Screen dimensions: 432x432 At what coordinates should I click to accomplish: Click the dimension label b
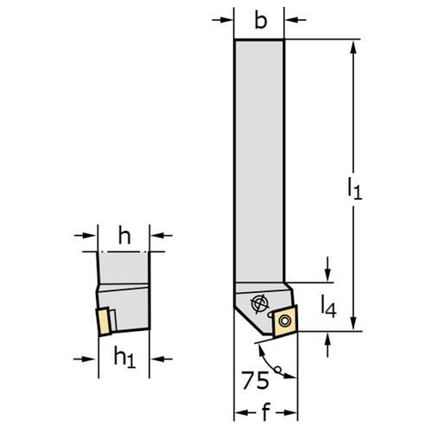tap(261, 21)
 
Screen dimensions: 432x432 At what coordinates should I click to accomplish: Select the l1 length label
tap(354, 188)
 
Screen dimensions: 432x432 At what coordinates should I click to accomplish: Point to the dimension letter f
tap(266, 412)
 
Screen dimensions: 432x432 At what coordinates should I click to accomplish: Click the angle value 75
tap(255, 380)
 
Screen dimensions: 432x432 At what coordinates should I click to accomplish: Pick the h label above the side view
tap(124, 237)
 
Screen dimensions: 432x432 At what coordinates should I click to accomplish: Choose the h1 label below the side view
tap(124, 357)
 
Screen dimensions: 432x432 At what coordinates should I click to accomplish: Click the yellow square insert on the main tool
tap(285, 321)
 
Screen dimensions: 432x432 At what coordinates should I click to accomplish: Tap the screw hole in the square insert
tap(285, 321)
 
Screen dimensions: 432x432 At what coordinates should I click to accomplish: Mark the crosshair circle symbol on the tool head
tap(260, 303)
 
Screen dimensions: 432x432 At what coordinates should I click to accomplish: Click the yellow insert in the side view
tap(104, 321)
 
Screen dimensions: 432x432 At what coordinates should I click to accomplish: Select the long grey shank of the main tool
tap(259, 162)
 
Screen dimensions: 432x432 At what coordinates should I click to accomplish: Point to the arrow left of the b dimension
tap(222, 20)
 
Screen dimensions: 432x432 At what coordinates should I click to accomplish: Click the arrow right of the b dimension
tap(295, 20)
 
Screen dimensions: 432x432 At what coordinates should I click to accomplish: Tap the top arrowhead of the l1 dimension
tap(354, 47)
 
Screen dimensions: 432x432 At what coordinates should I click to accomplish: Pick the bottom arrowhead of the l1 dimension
tap(354, 323)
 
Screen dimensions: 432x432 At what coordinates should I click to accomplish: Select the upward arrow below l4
tap(327, 345)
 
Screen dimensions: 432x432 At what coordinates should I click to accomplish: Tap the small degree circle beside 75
tap(277, 369)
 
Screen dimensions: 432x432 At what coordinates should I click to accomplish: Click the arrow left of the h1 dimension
tap(85, 359)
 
